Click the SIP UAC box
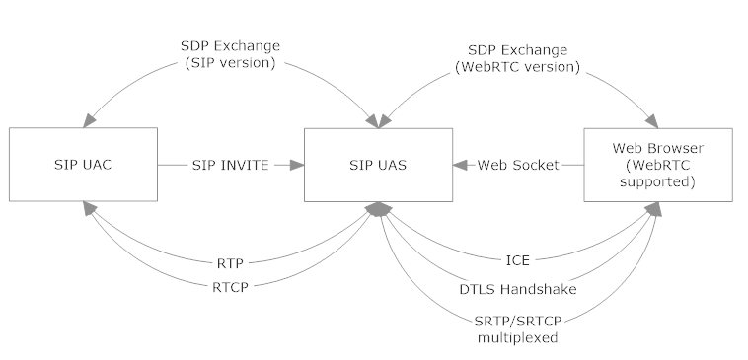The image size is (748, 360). [82, 165]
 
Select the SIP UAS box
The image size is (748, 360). [378, 165]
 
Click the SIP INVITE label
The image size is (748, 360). [229, 166]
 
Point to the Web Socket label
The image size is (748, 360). [519, 166]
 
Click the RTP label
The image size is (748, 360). [230, 263]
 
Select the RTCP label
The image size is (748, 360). [230, 286]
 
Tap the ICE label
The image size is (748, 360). [518, 261]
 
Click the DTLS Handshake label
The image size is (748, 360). [518, 289]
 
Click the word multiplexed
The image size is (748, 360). [518, 336]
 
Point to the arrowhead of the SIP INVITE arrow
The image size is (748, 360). [297, 166]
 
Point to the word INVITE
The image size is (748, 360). [245, 166]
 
